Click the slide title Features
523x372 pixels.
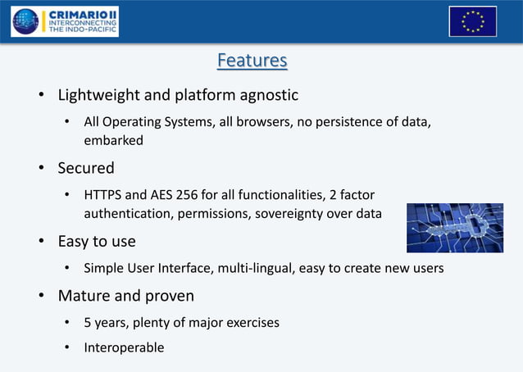252,61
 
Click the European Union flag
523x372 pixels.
472,20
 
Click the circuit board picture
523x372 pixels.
454,228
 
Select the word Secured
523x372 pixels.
85,168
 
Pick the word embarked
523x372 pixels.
113,140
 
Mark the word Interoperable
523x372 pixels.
124,347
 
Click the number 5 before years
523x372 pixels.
88,322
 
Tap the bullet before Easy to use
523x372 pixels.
39,242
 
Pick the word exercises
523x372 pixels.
251,322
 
